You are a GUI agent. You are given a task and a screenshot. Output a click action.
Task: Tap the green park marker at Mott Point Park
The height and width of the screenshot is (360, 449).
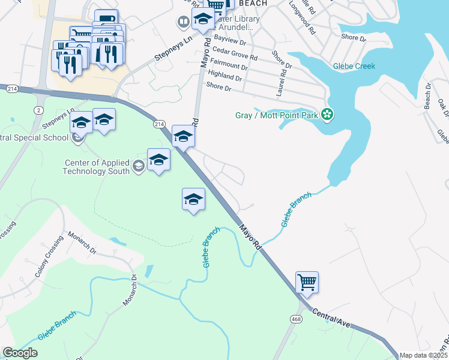coord(327,113)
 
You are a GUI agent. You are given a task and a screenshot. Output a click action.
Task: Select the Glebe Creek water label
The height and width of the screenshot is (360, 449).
coord(355,66)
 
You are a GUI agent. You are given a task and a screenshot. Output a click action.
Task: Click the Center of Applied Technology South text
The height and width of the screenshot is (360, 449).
coord(96,166)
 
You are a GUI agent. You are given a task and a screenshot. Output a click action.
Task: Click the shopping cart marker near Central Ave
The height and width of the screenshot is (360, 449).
coord(307,281)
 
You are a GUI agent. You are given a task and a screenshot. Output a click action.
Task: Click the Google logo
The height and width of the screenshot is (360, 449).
coord(20,353)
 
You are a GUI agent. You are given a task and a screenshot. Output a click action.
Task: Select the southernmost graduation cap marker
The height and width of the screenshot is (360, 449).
coord(194,199)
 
